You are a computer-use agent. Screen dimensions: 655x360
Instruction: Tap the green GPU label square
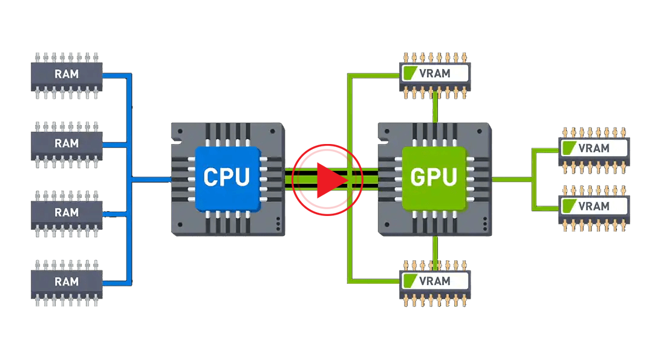(434, 178)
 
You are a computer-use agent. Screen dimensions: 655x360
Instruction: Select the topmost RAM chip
(67, 76)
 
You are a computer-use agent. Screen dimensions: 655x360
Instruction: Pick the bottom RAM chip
(67, 283)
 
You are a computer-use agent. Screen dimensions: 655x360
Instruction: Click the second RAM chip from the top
(67, 145)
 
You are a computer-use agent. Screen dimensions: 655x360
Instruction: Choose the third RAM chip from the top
(67, 214)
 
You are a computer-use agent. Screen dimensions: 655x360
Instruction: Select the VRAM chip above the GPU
(435, 75)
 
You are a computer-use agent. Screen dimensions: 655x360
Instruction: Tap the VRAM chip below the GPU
(435, 283)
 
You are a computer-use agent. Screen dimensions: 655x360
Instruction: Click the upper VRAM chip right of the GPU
(594, 150)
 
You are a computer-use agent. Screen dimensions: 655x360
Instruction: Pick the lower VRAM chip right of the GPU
(594, 208)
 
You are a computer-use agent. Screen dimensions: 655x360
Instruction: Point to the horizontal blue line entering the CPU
(151, 180)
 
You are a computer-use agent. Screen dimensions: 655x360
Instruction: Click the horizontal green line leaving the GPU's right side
(512, 179)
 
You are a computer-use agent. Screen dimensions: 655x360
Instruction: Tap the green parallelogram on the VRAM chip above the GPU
(410, 73)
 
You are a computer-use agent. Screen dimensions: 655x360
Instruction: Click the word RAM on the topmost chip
(67, 74)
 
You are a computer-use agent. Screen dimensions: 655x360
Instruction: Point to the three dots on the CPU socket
(278, 224)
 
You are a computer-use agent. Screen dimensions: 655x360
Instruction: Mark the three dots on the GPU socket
(485, 224)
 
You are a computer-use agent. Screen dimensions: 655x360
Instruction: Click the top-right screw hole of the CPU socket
(273, 131)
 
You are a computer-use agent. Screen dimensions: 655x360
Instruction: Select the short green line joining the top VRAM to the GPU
(435, 107)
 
